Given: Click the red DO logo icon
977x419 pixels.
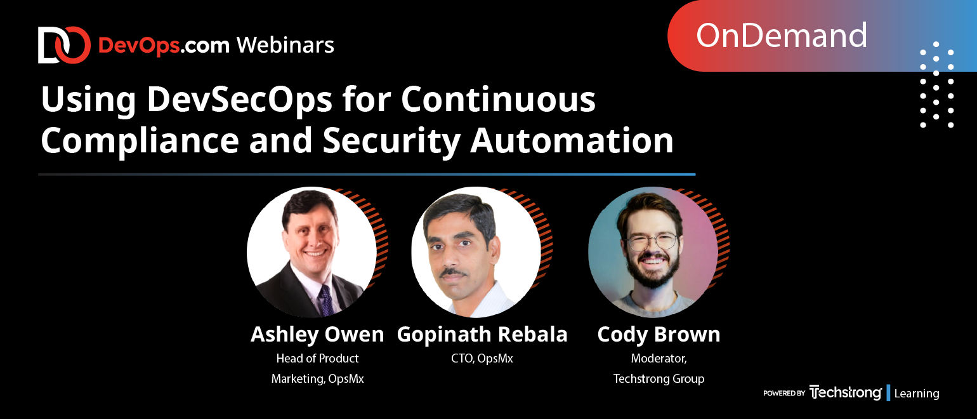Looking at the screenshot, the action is pos(64,45).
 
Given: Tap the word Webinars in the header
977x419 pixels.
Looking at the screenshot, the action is pos(285,45).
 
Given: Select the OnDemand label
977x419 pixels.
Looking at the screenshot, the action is pos(781,36).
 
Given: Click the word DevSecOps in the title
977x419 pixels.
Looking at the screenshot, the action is pos(239,100).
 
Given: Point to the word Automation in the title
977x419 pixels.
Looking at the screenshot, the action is pos(572,140).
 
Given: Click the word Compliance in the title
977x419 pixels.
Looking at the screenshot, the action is pos(140,140).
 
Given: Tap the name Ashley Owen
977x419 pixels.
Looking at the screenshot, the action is pos(317,335).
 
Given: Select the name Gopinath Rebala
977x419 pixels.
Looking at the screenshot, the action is pos(482,335).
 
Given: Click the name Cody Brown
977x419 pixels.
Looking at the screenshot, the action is pos(659,335).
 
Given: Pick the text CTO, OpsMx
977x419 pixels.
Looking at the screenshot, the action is pos(482,358).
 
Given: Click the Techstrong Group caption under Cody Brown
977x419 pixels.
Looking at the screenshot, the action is pos(659,378).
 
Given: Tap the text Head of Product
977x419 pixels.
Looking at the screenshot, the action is pos(317,358).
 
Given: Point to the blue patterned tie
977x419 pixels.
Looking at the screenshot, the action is pos(326,300).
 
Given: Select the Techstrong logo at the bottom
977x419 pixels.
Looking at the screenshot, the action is pos(845,392).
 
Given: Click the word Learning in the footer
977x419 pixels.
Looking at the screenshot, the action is pos(916,393).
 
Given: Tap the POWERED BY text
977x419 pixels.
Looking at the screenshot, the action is pos(784,393).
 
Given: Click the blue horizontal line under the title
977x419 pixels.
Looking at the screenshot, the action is pos(367,175).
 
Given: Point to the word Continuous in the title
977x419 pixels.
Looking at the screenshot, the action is pos(498,100).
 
